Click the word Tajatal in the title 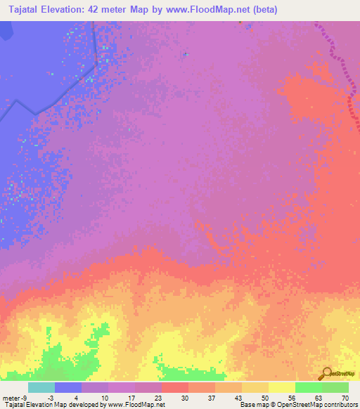[28, 10]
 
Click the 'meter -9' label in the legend [15, 397]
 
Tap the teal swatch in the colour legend [41, 387]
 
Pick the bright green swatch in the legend [308, 387]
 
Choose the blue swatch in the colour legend [68, 387]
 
